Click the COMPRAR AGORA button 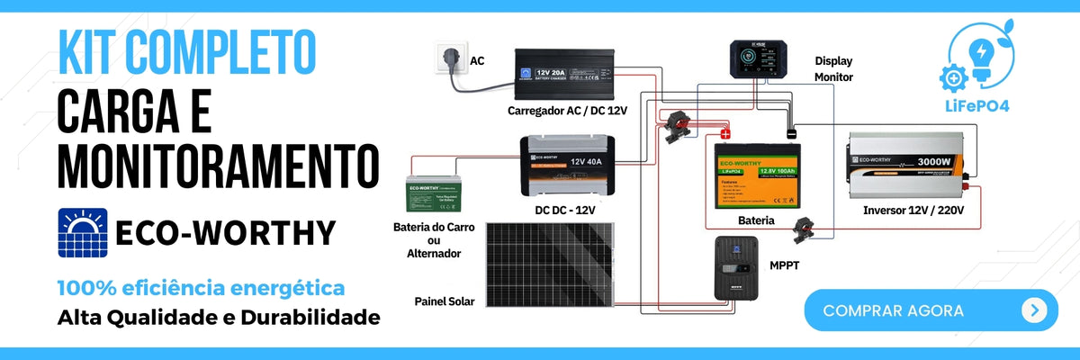click(x=931, y=310)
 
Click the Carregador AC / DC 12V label click(x=567, y=111)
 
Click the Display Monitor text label click(x=833, y=69)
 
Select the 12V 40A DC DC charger click(x=567, y=166)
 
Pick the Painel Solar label click(x=445, y=301)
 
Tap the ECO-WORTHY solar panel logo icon click(x=83, y=232)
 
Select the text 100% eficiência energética click(x=201, y=289)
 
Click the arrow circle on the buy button click(x=1034, y=310)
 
